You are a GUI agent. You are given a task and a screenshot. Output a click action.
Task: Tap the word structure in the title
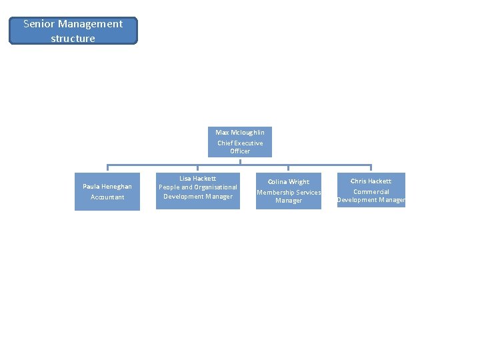(73, 39)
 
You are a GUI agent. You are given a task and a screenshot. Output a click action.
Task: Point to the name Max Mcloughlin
(240, 132)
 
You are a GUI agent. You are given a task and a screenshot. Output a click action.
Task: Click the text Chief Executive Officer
(240, 147)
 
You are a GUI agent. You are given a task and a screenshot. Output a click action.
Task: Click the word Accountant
(107, 197)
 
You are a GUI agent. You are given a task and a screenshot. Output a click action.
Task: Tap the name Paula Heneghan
(107, 187)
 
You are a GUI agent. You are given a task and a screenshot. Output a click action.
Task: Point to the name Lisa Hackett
(198, 178)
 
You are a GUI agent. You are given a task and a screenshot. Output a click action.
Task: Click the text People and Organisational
(198, 187)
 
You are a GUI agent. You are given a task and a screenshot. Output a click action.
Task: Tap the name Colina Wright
(289, 181)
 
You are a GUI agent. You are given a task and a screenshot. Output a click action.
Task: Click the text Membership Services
(289, 193)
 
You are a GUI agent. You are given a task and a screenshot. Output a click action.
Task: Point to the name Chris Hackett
(371, 181)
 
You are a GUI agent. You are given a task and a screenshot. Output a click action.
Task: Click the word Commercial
(371, 192)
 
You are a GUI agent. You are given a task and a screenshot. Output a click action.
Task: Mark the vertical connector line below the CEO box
(240, 161)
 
